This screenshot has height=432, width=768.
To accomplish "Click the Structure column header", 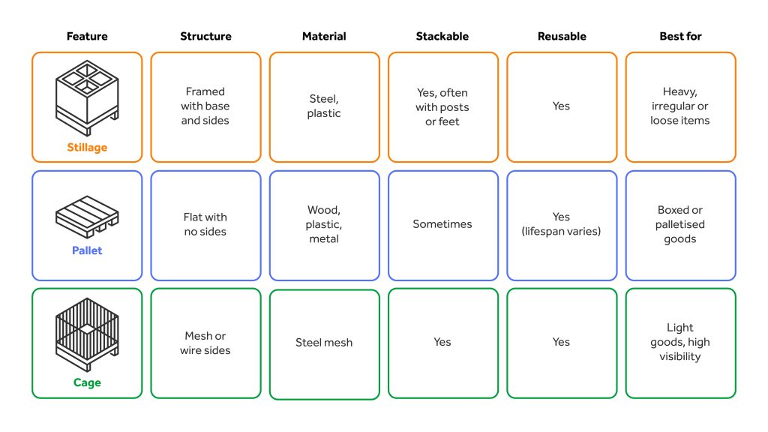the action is tap(205, 36).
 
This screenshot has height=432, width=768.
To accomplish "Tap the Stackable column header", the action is tap(442, 36).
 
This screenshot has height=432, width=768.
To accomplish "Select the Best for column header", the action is tap(680, 36).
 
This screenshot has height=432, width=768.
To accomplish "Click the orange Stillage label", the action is tap(87, 148).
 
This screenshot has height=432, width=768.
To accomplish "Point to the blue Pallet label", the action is tap(87, 250).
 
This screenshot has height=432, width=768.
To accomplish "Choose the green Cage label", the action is tap(87, 382).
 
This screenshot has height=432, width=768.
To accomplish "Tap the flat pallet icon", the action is tap(87, 217).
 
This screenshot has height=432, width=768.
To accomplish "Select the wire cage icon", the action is tap(87, 334).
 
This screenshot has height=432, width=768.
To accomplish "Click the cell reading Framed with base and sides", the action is tap(205, 107).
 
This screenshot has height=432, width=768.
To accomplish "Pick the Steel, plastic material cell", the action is tap(324, 107).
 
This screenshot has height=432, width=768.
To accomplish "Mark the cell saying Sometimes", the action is tap(443, 225).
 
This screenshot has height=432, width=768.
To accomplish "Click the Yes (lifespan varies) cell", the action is tap(562, 225).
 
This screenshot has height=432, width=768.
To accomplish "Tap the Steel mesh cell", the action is tap(324, 344).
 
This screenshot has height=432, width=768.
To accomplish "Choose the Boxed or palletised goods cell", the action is tap(681, 225).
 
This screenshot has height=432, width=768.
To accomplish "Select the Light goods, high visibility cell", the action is tap(681, 343).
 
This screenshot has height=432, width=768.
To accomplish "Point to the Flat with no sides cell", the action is tap(205, 225).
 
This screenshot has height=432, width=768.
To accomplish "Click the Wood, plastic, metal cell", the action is tap(324, 225).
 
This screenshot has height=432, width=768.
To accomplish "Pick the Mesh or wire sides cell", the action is tap(205, 343).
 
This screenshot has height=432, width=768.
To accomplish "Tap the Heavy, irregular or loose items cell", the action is tap(681, 107).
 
